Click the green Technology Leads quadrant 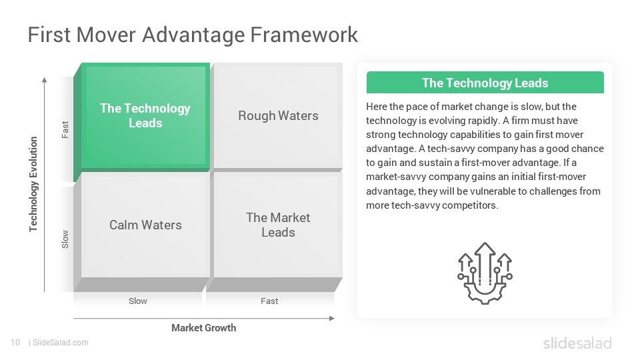tap(145, 116)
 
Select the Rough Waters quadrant tap(278, 116)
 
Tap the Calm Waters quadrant tap(145, 225)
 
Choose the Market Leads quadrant tap(278, 225)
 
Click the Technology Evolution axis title tap(33, 184)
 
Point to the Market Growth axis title tap(204, 328)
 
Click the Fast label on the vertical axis tap(65, 130)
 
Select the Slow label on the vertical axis tap(65, 239)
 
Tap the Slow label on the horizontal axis tap(138, 301)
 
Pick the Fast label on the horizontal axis tap(269, 301)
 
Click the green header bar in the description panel tap(485, 83)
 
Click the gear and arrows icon tap(485, 273)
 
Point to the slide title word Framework tap(304, 35)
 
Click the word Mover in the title tap(106, 35)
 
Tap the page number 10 tap(15, 343)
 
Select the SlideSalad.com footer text tap(61, 343)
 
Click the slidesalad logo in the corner tap(577, 343)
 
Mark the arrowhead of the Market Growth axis tap(332, 319)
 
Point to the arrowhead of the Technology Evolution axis tap(45, 79)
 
